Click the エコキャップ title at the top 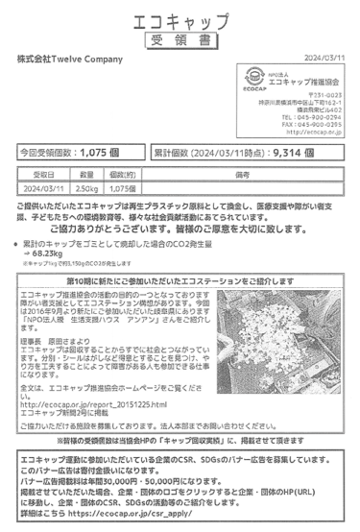180,21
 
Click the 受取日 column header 44,177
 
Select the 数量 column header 87,177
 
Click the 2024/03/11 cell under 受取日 44,189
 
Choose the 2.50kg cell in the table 87,189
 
